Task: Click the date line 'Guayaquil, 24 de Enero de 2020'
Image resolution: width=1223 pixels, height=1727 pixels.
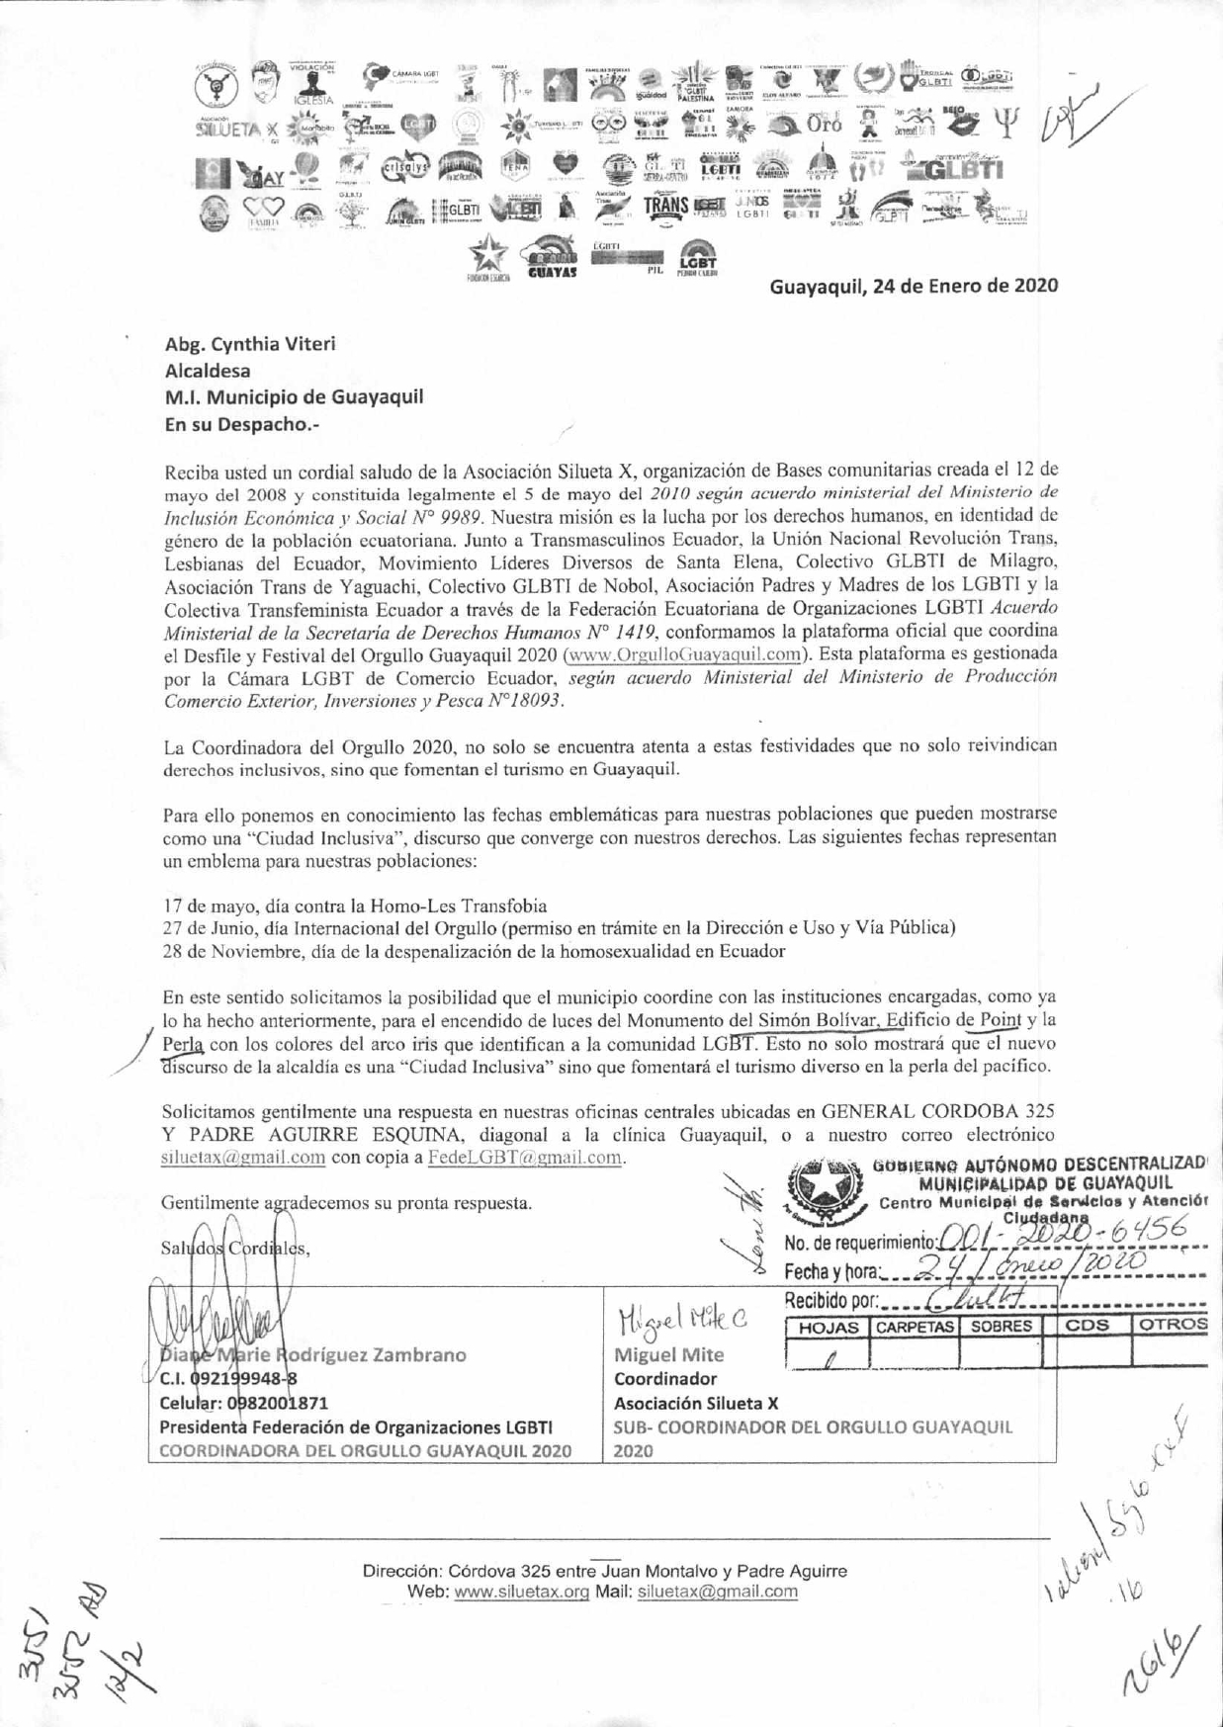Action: pyautogui.click(x=914, y=287)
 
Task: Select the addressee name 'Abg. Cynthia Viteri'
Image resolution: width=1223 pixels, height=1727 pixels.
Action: pyautogui.click(x=250, y=344)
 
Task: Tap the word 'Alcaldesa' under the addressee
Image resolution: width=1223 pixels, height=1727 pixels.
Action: pyautogui.click(x=207, y=371)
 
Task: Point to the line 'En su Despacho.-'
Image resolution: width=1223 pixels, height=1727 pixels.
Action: pyautogui.click(x=242, y=424)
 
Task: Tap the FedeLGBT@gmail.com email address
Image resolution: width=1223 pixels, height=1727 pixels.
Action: pyautogui.click(x=526, y=1158)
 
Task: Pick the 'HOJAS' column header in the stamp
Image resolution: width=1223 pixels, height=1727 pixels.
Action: pyautogui.click(x=828, y=1327)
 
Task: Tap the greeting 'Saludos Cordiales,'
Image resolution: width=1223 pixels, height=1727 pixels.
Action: pyautogui.click(x=235, y=1248)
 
